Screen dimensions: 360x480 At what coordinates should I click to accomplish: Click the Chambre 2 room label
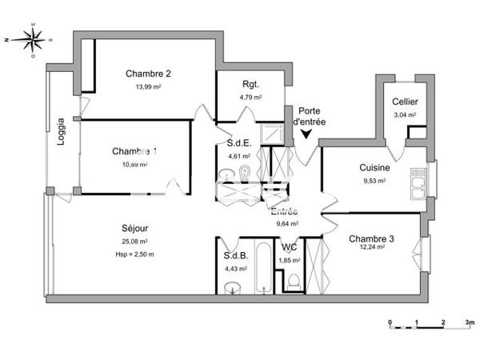tap(148, 74)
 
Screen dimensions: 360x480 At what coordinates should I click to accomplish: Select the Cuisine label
tap(374, 168)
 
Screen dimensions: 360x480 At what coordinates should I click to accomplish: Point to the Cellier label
tap(406, 101)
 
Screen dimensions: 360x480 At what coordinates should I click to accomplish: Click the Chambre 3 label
tap(371, 238)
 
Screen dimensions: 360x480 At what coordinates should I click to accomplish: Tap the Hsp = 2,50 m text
tap(134, 254)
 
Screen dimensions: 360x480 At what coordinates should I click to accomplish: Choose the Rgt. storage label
tap(250, 85)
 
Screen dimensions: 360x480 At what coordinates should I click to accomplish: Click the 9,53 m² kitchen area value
tap(374, 181)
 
